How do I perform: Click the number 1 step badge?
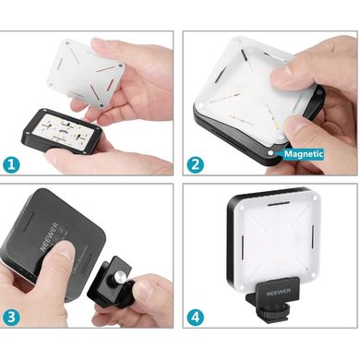11,164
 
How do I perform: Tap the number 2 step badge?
196,164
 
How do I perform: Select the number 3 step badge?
11,317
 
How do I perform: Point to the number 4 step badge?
196,317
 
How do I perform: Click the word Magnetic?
304,154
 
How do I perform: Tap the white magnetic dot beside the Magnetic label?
270,152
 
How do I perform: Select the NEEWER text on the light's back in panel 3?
49,237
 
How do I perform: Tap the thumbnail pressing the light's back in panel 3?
66,251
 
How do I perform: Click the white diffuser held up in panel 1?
86,72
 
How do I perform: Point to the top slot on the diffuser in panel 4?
279,204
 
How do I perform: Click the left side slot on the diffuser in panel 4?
243,247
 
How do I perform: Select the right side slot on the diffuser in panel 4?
312,236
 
